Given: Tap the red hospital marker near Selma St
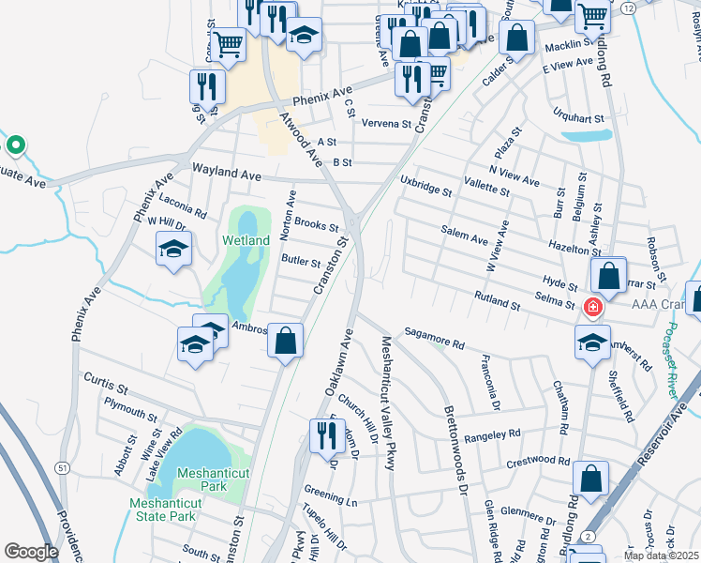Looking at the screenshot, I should click(x=592, y=307).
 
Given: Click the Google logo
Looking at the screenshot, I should click(x=31, y=551).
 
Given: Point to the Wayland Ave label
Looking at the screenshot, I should click(x=226, y=174).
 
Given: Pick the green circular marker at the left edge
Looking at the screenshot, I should click(x=15, y=145).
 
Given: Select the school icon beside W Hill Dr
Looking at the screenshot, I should click(x=174, y=249).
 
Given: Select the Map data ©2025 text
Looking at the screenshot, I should click(x=661, y=555).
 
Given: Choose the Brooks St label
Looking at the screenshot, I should click(x=316, y=225).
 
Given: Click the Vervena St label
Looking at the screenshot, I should click(x=386, y=123).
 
